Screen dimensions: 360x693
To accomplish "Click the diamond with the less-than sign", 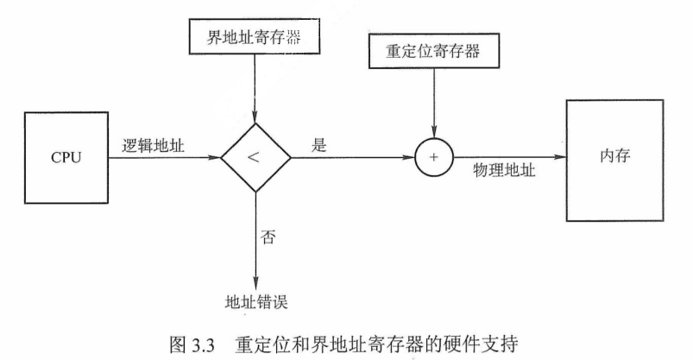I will pos(255,158).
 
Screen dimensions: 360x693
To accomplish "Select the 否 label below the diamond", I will pos(268,237).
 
